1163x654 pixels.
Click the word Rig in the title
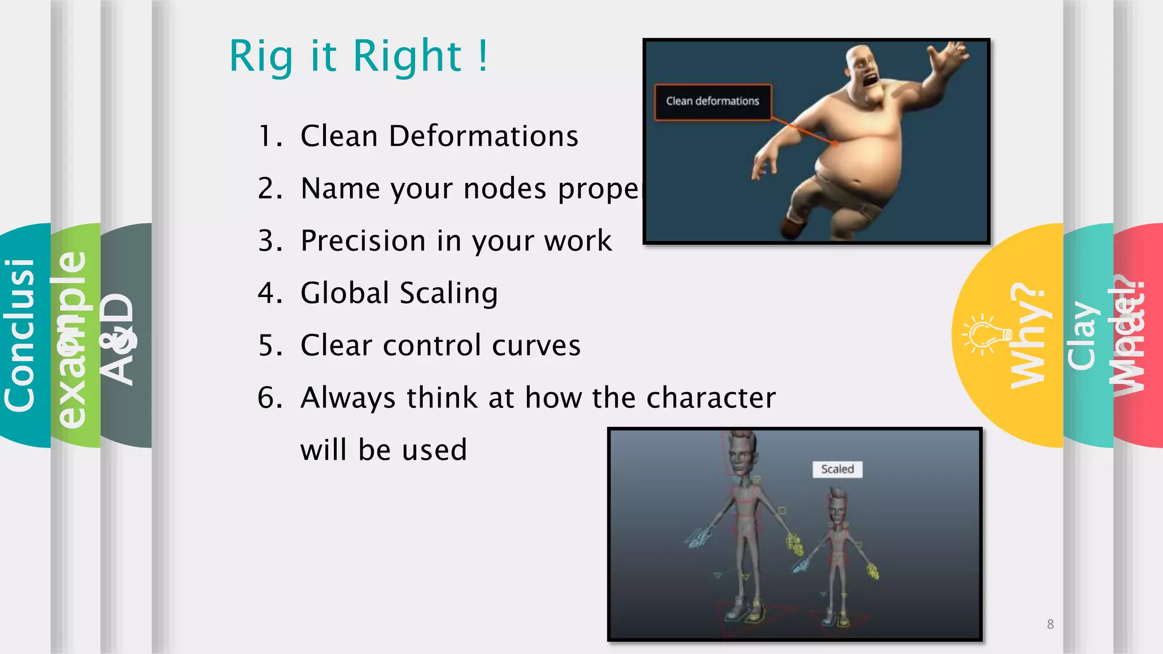(261, 57)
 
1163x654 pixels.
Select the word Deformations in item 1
(483, 136)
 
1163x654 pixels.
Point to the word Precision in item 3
(363, 241)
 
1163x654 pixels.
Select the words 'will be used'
(383, 450)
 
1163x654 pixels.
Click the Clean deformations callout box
(713, 102)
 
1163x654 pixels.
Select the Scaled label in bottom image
(837, 469)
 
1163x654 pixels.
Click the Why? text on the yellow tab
(1028, 335)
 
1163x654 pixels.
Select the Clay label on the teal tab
(1081, 335)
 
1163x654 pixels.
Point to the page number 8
(1050, 624)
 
